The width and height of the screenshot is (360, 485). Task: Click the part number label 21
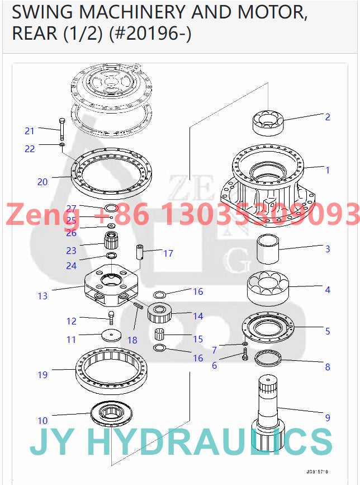coord(30,131)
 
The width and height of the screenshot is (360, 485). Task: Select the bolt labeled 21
coord(60,130)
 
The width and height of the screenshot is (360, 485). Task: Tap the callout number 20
coord(42,182)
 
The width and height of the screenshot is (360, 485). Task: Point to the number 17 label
coord(168,253)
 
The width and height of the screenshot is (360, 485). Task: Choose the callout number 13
coord(42,296)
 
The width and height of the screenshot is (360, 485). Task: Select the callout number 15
coord(198,339)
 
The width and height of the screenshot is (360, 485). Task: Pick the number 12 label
coord(72,321)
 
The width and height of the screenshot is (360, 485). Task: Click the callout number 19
coord(42,375)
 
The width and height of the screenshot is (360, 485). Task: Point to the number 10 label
coord(42,421)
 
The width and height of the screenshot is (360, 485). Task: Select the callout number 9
coord(328,417)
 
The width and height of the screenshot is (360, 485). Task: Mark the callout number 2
coord(328,117)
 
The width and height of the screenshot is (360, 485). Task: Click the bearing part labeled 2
coord(269,121)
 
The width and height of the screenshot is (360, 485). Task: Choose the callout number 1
coord(328,170)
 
